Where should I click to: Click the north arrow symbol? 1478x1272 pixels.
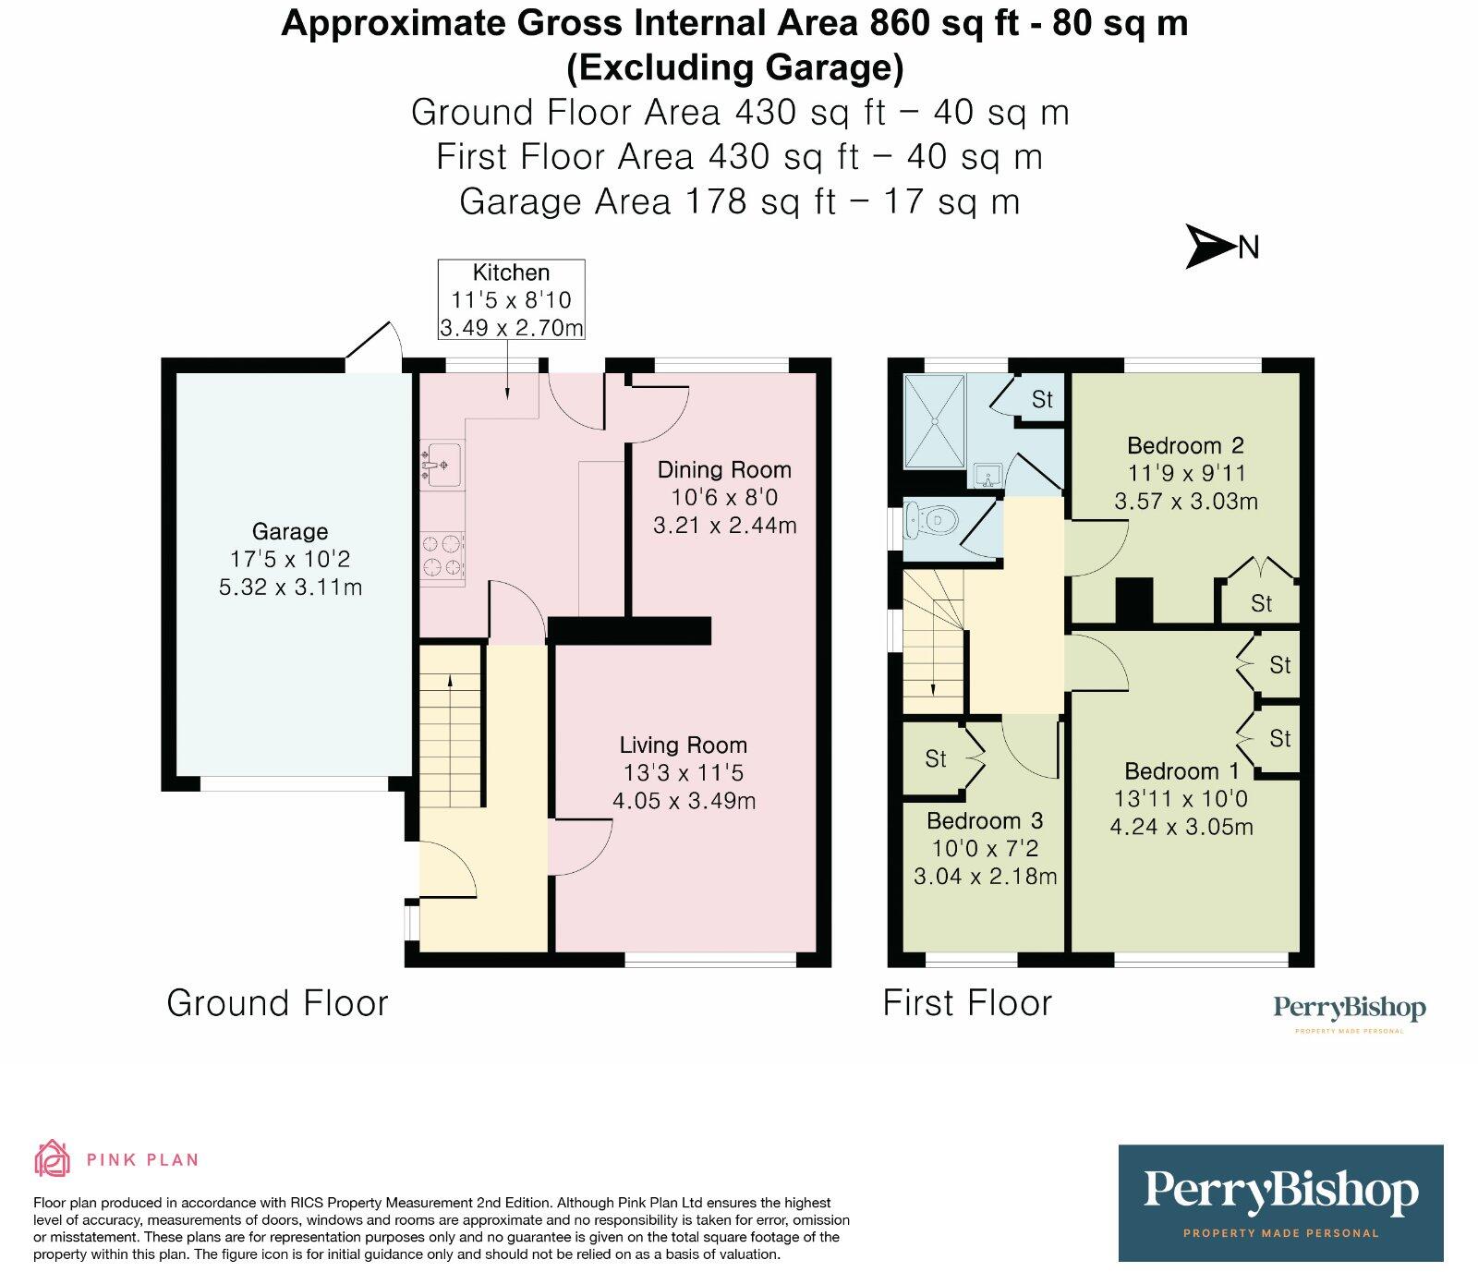(x=1210, y=247)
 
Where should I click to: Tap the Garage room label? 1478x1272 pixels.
(x=290, y=532)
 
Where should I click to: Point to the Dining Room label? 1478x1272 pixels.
(x=724, y=470)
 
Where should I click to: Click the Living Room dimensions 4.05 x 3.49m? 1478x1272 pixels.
(x=684, y=801)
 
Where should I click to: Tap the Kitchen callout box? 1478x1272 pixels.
(x=511, y=299)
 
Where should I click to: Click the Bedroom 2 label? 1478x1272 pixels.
(x=1185, y=446)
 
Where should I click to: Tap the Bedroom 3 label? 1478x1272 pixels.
(x=985, y=821)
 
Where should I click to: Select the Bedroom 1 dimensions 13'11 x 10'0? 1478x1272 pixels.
(x=1181, y=799)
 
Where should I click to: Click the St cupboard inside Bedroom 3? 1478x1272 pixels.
(x=936, y=759)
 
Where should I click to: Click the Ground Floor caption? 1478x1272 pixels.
(x=277, y=1003)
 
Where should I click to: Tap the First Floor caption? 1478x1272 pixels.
(x=967, y=1003)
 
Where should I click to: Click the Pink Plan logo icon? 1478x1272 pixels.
(x=52, y=1158)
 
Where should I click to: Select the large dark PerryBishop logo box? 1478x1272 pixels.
(x=1280, y=1203)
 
